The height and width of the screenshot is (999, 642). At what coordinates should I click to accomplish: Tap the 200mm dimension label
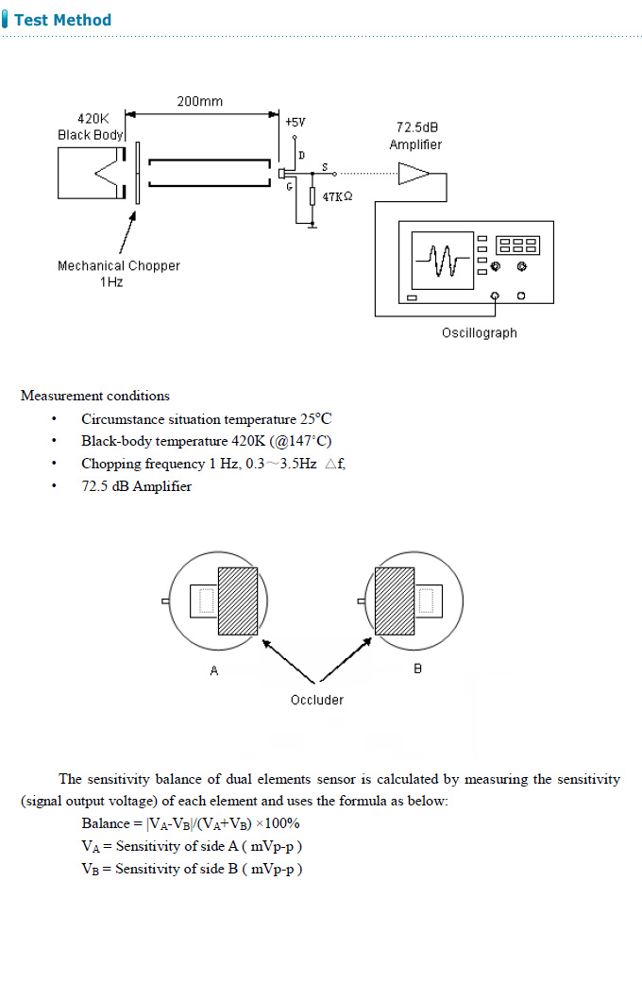click(x=200, y=101)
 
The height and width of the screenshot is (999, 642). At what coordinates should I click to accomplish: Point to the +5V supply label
click(x=296, y=122)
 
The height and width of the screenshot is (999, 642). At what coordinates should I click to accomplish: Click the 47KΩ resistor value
click(x=337, y=196)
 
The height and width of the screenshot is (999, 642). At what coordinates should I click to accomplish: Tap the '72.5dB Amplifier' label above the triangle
click(x=415, y=136)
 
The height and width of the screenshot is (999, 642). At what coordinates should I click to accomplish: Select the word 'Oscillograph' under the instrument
click(x=479, y=332)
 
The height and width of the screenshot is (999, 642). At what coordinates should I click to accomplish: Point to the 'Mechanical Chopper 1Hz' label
click(x=118, y=274)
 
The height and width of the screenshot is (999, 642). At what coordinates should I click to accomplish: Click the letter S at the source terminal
click(x=325, y=166)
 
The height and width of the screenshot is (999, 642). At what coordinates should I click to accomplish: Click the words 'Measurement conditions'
click(x=95, y=396)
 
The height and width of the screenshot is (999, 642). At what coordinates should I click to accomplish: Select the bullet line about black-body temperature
click(x=206, y=441)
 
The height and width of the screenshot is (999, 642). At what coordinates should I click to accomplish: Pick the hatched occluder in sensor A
click(x=238, y=601)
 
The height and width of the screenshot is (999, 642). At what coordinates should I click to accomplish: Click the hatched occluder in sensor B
click(x=396, y=601)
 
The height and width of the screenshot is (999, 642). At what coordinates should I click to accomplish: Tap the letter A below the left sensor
click(x=214, y=670)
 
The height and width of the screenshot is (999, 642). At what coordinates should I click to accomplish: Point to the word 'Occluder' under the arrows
click(x=317, y=700)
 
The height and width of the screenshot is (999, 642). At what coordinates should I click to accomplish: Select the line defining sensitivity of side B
click(x=192, y=869)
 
